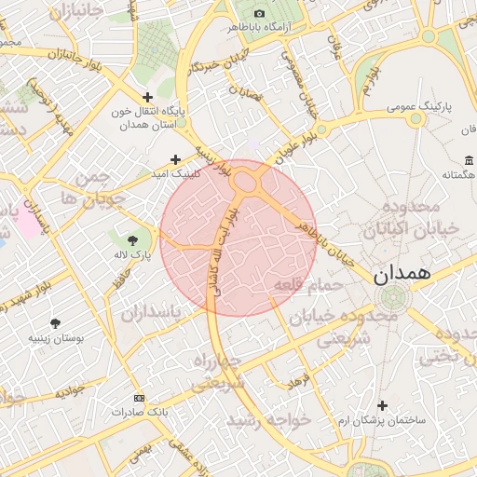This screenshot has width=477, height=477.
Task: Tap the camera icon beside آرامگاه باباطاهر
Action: pos(259,13)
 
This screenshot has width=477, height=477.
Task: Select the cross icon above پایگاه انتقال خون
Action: pos(147,97)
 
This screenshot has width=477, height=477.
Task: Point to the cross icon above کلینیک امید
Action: pos(175,160)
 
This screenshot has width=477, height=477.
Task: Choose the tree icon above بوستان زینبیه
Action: pos(58,324)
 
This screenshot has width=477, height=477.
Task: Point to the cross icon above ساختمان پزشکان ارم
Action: pos(383,407)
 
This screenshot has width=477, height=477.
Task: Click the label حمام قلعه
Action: pos(302,285)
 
